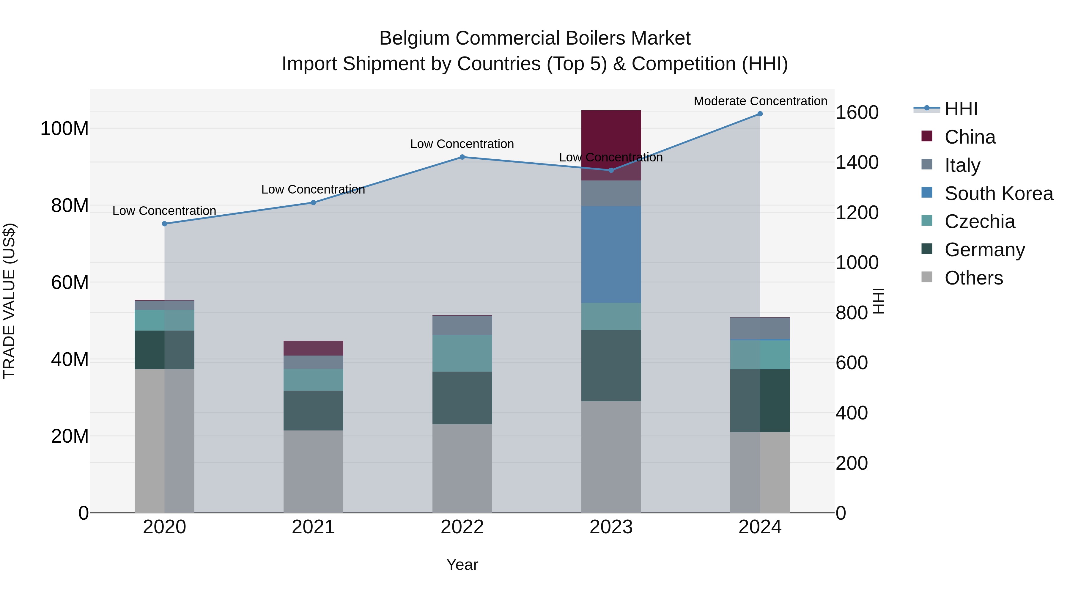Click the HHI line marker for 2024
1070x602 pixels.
click(760, 114)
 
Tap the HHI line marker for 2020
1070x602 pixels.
click(164, 224)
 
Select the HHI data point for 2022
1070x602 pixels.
click(462, 157)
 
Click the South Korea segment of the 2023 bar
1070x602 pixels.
click(611, 254)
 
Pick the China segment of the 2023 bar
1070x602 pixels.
click(611, 145)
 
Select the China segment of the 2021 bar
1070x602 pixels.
click(313, 348)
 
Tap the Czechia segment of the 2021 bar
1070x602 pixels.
click(313, 380)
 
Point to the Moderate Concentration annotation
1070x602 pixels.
click(760, 101)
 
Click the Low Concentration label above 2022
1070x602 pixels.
click(462, 144)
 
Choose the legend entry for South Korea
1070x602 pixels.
click(999, 194)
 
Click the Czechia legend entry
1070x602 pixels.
click(979, 221)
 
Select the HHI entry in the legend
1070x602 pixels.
click(961, 109)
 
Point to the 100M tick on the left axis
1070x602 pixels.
click(64, 129)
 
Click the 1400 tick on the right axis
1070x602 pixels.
click(857, 162)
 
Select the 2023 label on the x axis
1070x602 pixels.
click(611, 527)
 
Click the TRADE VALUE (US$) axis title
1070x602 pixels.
click(9, 301)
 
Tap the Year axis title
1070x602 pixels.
click(462, 565)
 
